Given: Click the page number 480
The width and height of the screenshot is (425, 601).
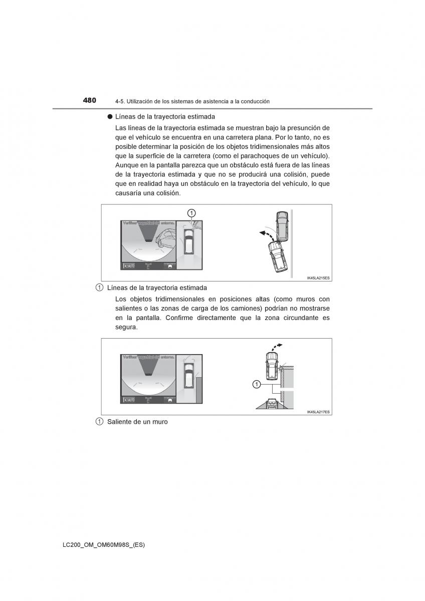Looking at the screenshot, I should tap(89, 100).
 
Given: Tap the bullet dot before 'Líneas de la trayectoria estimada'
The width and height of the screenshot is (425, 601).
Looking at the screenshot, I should tap(109, 116).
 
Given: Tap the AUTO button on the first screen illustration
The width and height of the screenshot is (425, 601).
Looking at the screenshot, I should tap(129, 266).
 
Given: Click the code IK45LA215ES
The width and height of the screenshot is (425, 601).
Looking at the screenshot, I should tap(318, 277).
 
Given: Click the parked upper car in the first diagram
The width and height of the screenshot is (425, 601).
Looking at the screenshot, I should tap(282, 225).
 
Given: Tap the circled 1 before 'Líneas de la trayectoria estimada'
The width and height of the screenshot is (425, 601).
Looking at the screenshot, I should tap(100, 287).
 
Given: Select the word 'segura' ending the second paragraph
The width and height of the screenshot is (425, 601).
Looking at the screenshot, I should tap(126, 327).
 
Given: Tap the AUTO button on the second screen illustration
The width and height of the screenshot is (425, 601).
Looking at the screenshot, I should tap(129, 400).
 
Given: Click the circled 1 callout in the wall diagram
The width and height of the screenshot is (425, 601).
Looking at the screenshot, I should tap(256, 384).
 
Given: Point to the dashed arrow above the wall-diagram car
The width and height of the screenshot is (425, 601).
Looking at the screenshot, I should tap(277, 346).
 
